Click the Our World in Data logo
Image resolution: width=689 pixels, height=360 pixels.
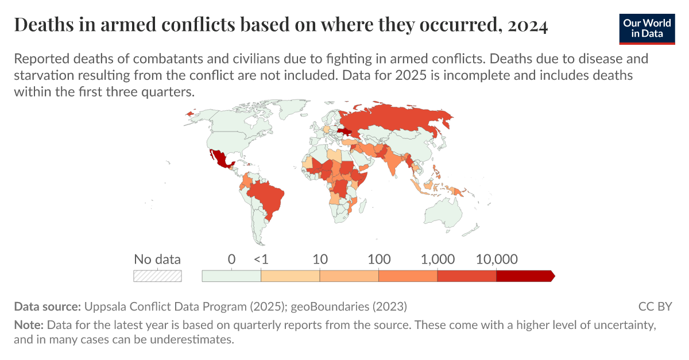coord(647,28)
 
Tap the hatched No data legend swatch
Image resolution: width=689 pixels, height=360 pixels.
coord(157,276)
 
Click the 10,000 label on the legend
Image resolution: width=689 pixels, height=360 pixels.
coord(497,260)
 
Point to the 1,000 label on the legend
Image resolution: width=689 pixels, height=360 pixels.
coord(438,260)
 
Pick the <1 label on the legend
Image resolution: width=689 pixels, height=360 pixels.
coord(261,260)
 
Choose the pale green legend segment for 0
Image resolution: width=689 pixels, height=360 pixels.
coord(231,276)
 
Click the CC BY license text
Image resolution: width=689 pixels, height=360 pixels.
coord(655,306)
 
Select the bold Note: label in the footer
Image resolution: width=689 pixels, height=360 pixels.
coord(29,325)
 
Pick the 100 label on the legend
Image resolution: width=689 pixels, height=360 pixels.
coord(379,260)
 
